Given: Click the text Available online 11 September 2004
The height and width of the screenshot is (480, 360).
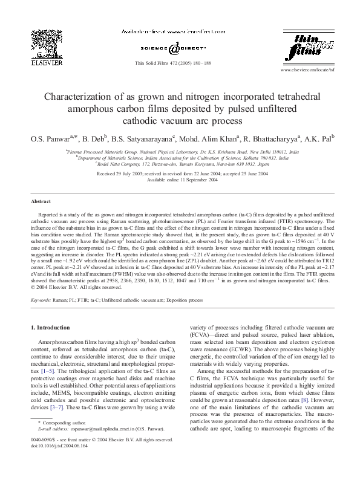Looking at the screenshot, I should click(180, 179).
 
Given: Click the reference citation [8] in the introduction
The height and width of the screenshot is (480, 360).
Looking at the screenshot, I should click(323, 399).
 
